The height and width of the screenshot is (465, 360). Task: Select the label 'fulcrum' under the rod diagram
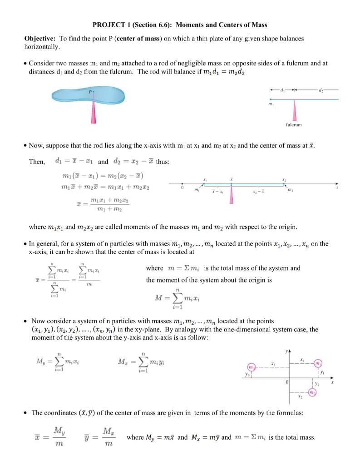pyautogui.click(x=294, y=124)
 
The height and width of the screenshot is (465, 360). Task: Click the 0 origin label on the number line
pyautogui.click(x=182, y=187)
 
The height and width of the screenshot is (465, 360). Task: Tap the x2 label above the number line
pyautogui.click(x=285, y=179)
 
